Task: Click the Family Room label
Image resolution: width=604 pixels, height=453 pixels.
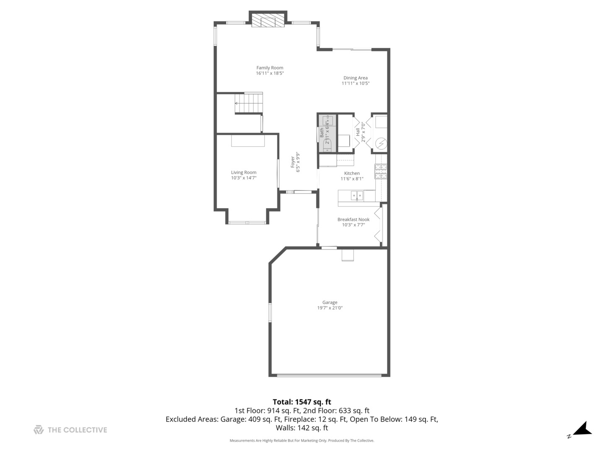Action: point(270,68)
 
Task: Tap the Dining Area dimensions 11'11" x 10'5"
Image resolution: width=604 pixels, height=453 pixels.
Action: point(355,83)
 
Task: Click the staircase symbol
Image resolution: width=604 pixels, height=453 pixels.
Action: point(249,103)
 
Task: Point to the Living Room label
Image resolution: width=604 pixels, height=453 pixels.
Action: point(243,172)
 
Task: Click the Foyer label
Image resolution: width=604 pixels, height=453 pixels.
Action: point(293,162)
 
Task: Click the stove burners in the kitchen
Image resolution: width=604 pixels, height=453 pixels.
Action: point(380,171)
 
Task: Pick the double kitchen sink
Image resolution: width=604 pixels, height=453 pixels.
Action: point(357,195)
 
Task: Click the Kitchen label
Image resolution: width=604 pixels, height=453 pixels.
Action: point(351,173)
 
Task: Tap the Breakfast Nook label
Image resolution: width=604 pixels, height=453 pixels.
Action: point(353,219)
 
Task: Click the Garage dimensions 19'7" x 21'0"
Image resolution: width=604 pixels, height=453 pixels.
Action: point(330,308)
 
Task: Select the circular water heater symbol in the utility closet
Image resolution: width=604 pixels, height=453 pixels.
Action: point(381,144)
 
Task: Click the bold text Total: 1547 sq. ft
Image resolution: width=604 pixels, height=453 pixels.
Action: point(302,402)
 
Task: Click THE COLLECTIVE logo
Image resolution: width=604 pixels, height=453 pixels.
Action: point(70,430)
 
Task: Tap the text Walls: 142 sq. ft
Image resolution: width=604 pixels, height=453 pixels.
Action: point(302,428)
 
